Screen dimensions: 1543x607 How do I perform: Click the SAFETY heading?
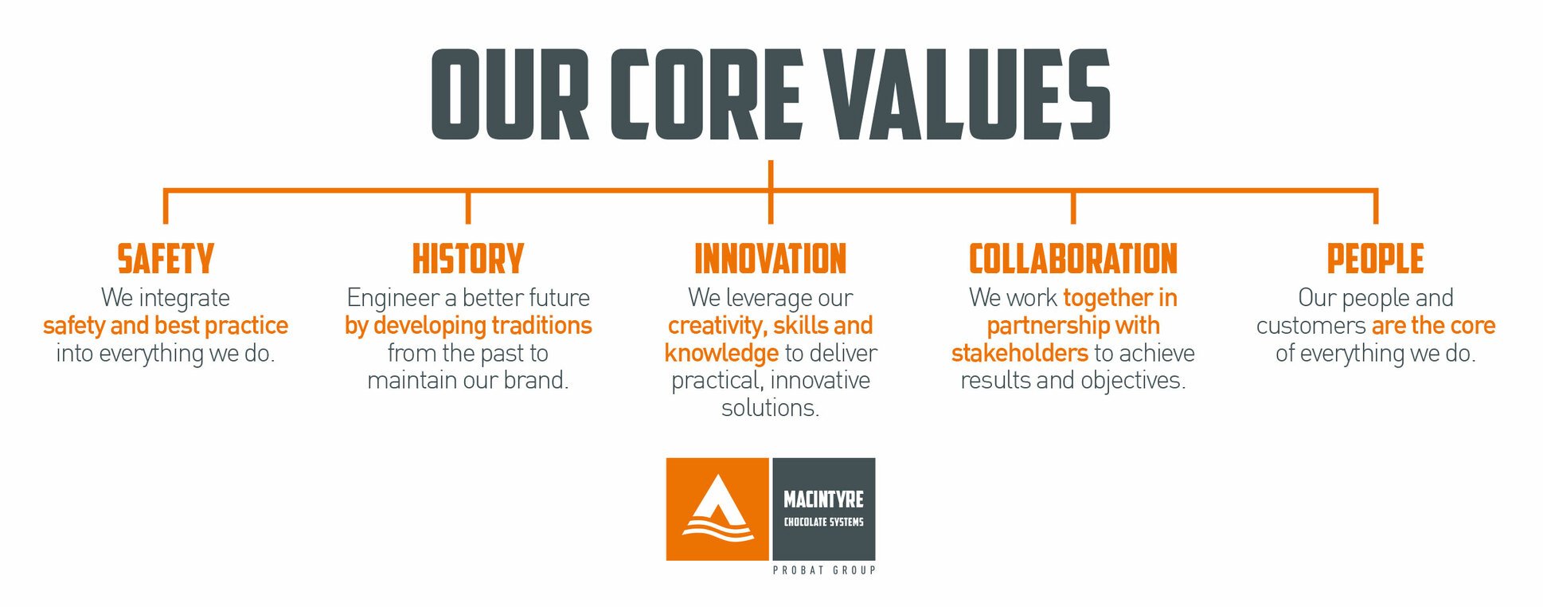tap(166, 259)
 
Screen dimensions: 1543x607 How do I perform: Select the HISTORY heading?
tap(468, 259)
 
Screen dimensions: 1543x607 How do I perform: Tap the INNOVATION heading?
tap(771, 259)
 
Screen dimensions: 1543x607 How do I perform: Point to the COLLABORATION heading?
tap(1073, 259)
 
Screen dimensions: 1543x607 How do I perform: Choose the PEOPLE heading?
tap(1376, 259)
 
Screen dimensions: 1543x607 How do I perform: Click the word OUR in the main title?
tap(510, 94)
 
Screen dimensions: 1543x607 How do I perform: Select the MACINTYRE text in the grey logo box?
tap(824, 499)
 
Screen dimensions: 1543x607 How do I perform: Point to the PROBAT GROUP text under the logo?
tap(824, 570)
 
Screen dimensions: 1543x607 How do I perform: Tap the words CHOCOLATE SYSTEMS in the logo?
tap(824, 522)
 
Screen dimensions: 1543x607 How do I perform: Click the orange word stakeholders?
tap(1020, 353)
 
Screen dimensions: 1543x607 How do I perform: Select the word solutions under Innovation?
tap(771, 408)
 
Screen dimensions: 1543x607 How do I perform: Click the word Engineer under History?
tap(393, 299)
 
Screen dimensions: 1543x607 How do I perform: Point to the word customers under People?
tap(1311, 326)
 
